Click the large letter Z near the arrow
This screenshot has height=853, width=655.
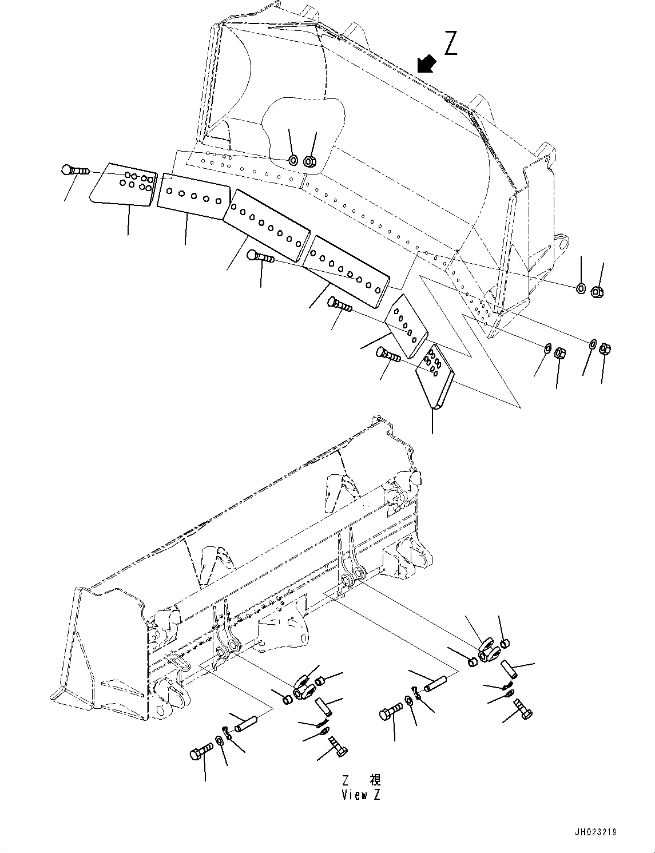point(451,44)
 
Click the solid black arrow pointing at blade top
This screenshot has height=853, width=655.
point(426,64)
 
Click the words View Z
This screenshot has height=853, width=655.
point(360,795)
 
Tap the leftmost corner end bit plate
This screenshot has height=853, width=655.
point(124,186)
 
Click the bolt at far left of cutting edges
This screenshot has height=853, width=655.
point(74,170)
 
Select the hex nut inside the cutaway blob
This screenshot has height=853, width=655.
point(309,162)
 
